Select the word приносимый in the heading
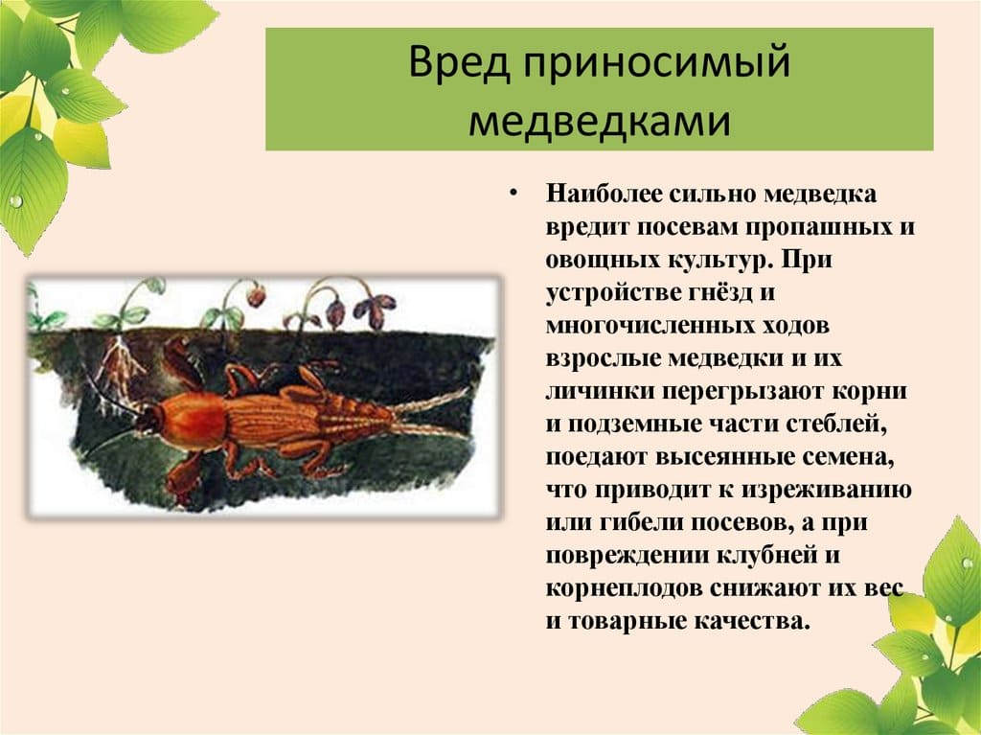click(652, 64)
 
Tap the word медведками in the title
click(599, 121)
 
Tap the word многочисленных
click(637, 326)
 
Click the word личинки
click(594, 392)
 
